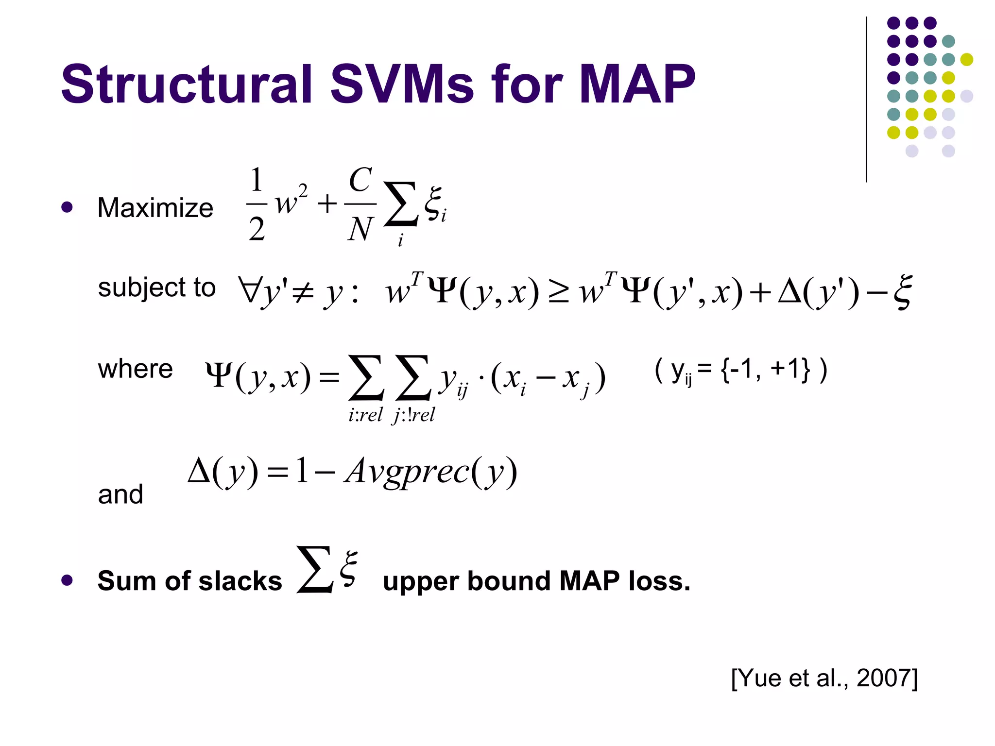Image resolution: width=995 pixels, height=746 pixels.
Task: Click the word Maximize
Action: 155,208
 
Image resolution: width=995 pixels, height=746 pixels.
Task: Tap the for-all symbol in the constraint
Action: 249,290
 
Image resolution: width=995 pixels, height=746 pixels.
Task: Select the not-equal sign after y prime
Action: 303,293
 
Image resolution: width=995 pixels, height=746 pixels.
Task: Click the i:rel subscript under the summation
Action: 365,415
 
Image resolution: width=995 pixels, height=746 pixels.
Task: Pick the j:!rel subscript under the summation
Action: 413,415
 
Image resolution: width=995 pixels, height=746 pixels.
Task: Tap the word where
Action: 135,369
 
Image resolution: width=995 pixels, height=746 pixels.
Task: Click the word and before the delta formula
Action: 120,494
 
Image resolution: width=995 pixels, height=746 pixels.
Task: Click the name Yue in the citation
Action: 760,678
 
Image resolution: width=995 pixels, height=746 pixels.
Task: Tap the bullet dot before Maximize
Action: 67,208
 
